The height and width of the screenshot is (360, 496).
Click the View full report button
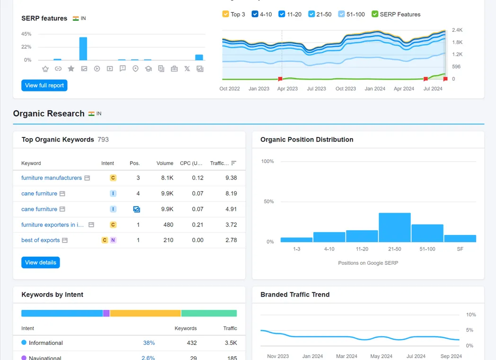[44, 85]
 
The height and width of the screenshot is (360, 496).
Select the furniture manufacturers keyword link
[52, 178]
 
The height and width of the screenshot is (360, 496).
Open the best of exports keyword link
[41, 240]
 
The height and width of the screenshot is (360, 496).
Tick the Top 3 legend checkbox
[226, 14]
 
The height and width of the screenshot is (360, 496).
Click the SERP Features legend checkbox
[375, 14]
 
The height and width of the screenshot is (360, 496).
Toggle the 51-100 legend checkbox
[341, 14]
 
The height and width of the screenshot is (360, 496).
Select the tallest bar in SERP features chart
[83, 49]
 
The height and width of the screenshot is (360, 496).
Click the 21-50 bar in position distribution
[395, 227]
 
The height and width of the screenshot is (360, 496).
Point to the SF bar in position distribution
[460, 238]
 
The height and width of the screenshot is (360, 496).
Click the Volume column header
[165, 163]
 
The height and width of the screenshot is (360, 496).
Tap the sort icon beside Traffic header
[233, 163]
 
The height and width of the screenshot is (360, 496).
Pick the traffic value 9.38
[231, 178]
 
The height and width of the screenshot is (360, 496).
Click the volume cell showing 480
[168, 225]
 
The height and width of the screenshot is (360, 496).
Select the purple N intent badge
[113, 240]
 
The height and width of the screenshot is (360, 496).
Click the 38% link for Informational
[149, 343]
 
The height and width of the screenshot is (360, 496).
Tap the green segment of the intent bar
[209, 314]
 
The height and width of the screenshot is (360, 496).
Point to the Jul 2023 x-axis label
[316, 89]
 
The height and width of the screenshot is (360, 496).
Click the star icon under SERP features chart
[71, 69]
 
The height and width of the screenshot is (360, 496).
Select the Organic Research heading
[49, 114]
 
